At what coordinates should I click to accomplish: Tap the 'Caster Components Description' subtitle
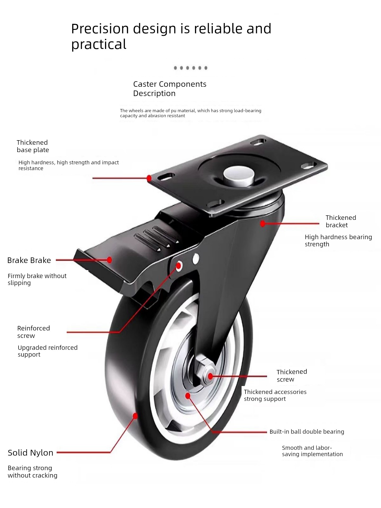(x=170, y=89)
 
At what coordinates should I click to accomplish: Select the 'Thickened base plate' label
(x=33, y=146)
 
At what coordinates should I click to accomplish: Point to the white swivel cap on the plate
(x=239, y=175)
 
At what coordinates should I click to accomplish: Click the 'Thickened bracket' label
(x=341, y=221)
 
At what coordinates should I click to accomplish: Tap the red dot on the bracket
(x=262, y=224)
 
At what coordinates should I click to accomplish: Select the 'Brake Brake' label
(x=29, y=260)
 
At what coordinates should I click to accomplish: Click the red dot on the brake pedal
(x=109, y=260)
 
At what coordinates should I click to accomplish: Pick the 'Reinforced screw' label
(x=34, y=332)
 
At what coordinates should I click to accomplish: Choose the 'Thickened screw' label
(x=292, y=376)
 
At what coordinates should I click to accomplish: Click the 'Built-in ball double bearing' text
(x=307, y=432)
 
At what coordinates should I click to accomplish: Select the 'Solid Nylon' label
(x=30, y=453)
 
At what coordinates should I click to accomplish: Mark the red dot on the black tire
(x=135, y=416)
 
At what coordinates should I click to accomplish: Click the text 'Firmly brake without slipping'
(x=37, y=279)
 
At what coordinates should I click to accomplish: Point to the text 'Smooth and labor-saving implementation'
(x=312, y=451)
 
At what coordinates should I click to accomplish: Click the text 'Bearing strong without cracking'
(x=33, y=472)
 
